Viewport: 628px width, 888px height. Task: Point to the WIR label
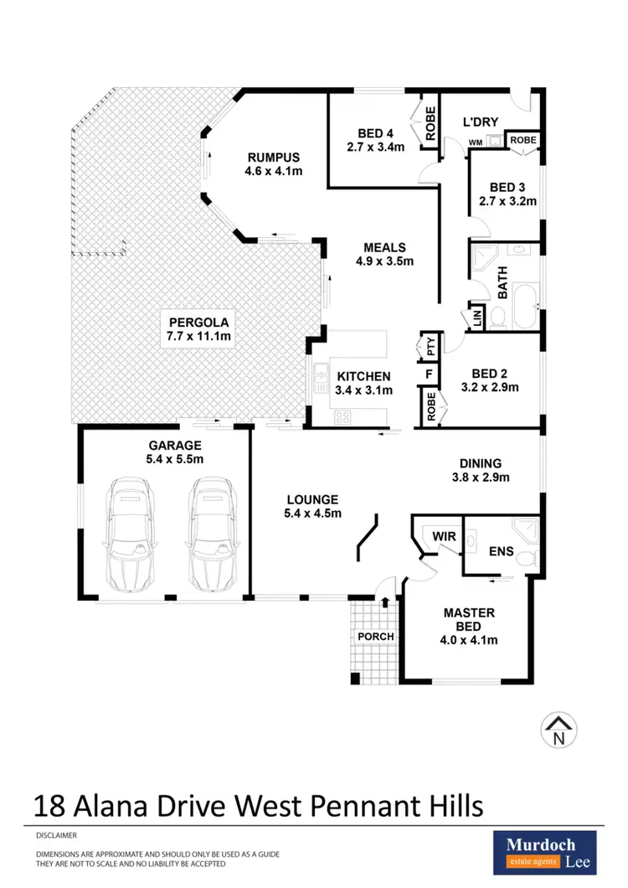click(441, 535)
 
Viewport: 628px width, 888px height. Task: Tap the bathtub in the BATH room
click(526, 307)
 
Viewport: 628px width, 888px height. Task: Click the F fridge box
click(429, 374)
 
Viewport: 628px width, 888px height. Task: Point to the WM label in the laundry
click(474, 142)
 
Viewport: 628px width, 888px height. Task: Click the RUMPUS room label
click(273, 157)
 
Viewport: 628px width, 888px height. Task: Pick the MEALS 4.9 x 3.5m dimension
click(384, 261)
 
